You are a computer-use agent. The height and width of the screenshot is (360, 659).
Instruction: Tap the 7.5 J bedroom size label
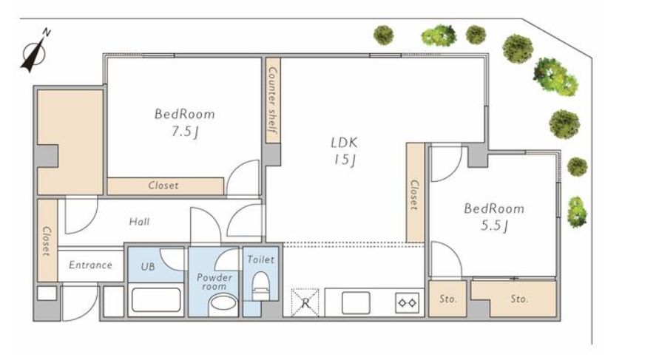[184, 132]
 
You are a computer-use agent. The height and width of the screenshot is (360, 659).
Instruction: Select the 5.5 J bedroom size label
[494, 226]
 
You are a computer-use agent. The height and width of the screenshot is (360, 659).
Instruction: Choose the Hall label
[139, 221]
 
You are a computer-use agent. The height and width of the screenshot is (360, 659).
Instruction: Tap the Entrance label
[90, 265]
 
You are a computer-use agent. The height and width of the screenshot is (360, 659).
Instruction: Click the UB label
[147, 266]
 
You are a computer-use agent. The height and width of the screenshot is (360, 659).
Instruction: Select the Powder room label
[214, 282]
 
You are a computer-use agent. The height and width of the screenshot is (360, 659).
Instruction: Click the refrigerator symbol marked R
[305, 302]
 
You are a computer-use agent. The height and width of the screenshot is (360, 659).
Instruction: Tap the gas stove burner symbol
[408, 303]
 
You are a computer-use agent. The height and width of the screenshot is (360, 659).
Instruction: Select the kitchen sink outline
[356, 302]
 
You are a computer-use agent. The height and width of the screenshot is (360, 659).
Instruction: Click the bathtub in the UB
[156, 299]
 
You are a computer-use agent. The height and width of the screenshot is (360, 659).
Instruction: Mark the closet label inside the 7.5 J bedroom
[163, 186]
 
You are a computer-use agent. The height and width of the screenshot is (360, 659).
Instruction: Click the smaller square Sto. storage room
[447, 299]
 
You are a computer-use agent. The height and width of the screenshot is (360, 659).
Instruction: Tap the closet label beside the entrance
[47, 242]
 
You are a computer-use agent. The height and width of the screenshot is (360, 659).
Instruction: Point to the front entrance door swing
[80, 303]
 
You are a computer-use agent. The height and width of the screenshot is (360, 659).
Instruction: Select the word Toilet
[260, 259]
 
